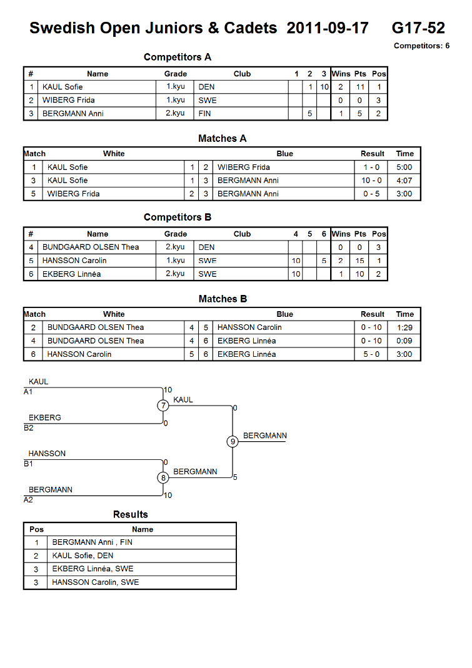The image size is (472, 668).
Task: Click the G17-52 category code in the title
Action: [418, 28]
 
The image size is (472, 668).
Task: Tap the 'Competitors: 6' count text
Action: [421, 46]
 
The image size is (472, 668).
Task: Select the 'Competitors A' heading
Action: [178, 57]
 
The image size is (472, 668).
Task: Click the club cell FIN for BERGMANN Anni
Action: [204, 114]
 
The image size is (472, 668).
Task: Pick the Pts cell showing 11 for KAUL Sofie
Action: [360, 87]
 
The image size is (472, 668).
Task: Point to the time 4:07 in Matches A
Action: [404, 181]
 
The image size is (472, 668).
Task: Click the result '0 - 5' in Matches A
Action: [371, 194]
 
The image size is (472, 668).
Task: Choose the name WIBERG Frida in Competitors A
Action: [69, 100]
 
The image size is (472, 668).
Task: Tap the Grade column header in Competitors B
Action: [176, 234]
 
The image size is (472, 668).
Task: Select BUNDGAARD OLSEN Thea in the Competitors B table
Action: [91, 247]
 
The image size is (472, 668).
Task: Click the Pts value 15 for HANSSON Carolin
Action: [360, 261]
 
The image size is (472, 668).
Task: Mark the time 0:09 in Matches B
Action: [404, 341]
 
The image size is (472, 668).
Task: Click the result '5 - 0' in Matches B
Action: [371, 354]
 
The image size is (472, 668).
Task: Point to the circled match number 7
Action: [163, 406]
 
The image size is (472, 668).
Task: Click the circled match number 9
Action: [233, 441]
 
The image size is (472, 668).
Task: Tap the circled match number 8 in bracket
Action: [163, 477]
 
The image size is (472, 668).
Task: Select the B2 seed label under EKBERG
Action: [29, 428]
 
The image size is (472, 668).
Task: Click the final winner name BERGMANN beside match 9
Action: [265, 436]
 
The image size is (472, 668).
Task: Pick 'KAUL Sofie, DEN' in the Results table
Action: [83, 556]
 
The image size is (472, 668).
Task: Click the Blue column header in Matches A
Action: [285, 154]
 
